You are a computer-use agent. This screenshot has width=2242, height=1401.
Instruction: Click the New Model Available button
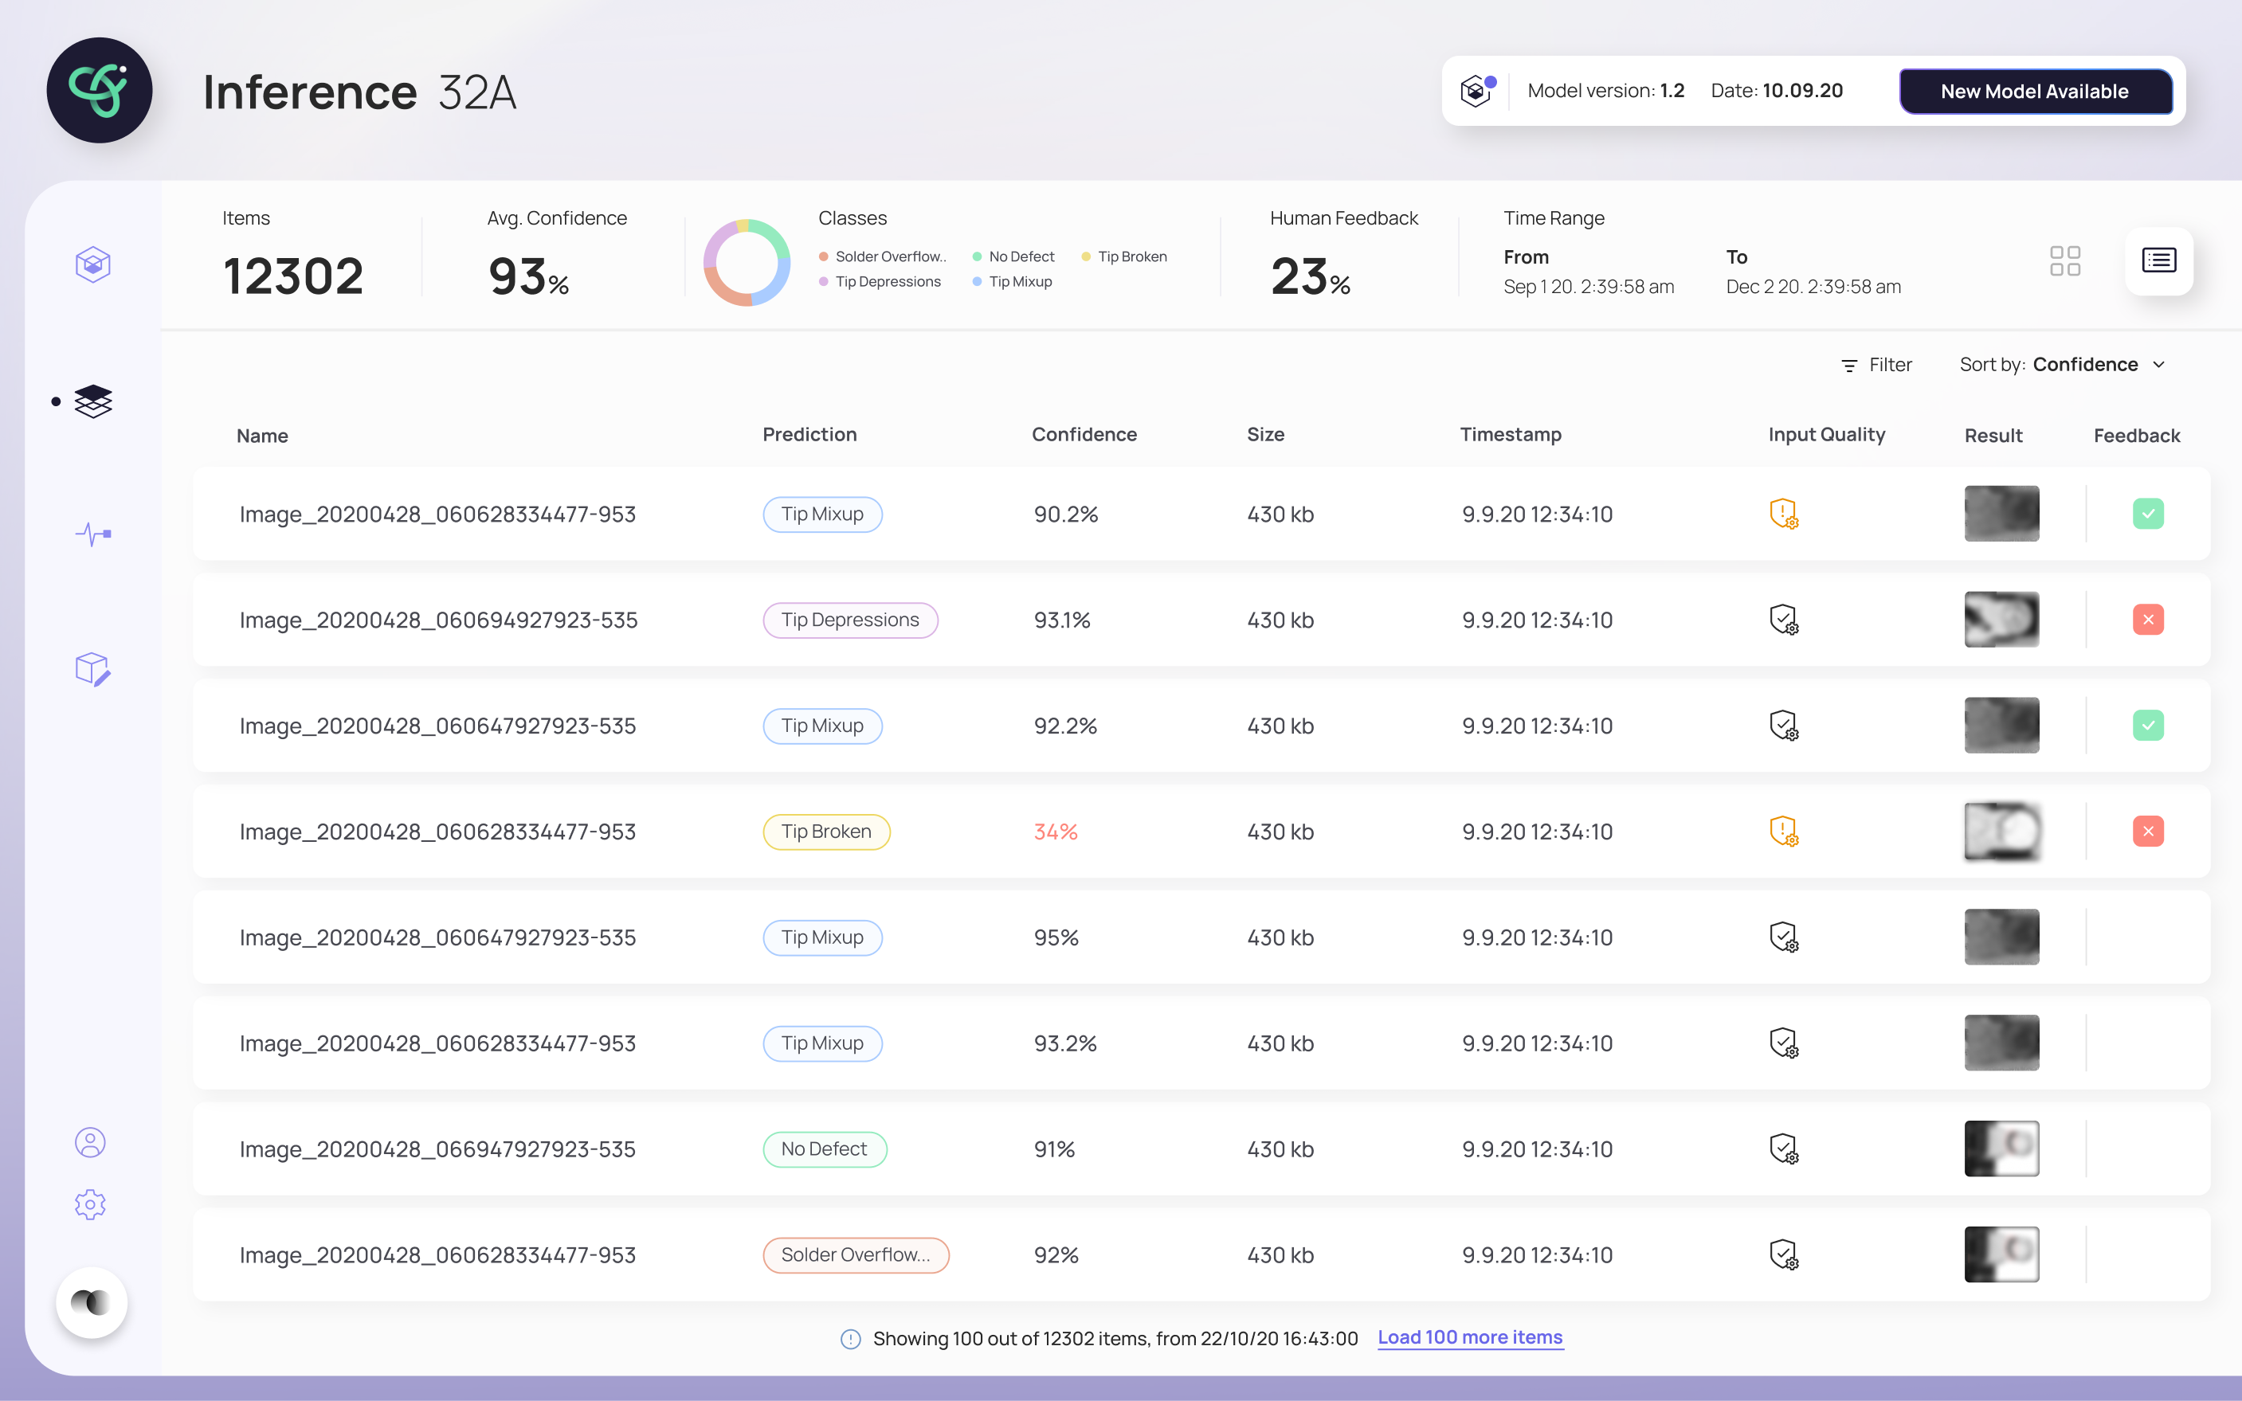tap(2036, 91)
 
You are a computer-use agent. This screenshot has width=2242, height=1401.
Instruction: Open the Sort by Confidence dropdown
tap(2062, 364)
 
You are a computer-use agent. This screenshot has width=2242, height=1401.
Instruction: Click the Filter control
tap(1876, 365)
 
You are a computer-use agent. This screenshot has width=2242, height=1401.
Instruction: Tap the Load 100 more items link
tap(1470, 1337)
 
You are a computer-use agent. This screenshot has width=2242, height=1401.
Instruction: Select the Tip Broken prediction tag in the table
tap(825, 832)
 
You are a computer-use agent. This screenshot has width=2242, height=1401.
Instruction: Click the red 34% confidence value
tap(1056, 832)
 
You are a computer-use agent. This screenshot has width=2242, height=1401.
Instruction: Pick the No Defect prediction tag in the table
tap(824, 1149)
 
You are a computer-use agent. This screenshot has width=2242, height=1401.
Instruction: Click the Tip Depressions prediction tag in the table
tap(850, 620)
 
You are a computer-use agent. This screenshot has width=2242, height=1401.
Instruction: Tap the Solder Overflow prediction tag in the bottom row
tap(856, 1254)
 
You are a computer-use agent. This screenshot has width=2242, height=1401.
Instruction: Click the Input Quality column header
tap(1826, 435)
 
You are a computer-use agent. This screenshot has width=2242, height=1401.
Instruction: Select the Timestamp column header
tap(1511, 435)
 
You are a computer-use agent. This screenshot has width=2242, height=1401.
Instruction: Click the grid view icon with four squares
tap(2065, 260)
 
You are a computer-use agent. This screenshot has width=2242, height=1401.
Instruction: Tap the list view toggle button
tap(2158, 260)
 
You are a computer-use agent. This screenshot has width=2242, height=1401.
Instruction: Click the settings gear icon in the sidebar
tap(90, 1204)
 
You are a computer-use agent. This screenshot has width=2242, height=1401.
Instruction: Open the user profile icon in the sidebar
tap(90, 1142)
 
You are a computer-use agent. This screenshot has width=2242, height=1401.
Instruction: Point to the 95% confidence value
tap(1056, 937)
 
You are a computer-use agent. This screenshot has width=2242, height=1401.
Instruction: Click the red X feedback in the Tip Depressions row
tap(2147, 619)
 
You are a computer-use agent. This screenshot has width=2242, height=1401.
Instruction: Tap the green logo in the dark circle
tap(99, 90)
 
